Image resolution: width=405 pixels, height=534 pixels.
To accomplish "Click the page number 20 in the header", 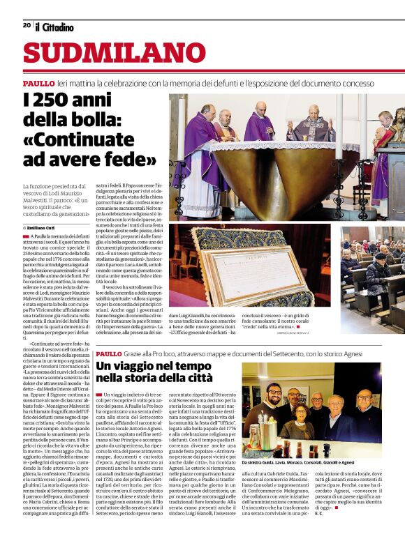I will coord(27,25).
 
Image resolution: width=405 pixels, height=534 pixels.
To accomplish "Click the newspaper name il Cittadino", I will coord(54,26).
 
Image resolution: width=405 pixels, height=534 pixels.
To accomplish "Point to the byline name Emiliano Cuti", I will coord(42,227).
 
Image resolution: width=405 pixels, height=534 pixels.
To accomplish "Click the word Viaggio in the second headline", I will coord(140,365).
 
